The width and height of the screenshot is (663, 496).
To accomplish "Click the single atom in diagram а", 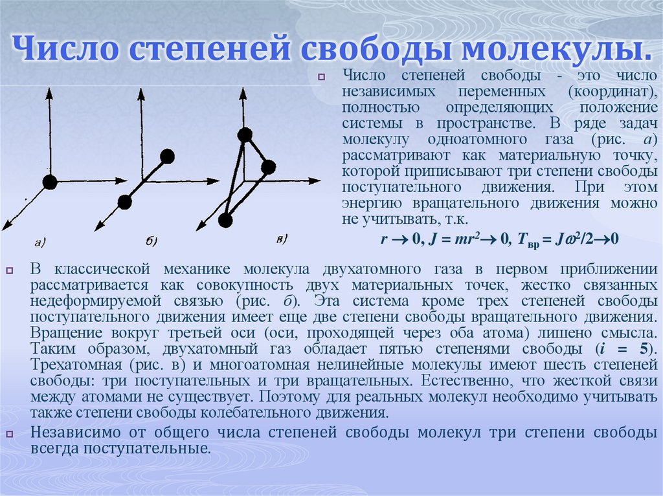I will pos(50,182).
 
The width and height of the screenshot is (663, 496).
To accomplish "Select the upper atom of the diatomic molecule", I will pos(167,156).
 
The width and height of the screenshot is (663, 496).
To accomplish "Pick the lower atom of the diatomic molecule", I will pos(125,202).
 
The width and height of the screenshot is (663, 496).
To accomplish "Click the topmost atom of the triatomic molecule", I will pos(244,135).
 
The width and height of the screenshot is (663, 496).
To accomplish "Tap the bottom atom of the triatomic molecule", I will pos(225,221).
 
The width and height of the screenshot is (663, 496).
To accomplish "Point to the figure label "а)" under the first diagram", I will pos(39,243).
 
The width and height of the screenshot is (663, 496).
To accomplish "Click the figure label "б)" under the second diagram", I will pos(152,242).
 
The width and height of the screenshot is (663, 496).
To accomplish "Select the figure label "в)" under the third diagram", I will pos(282,239).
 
